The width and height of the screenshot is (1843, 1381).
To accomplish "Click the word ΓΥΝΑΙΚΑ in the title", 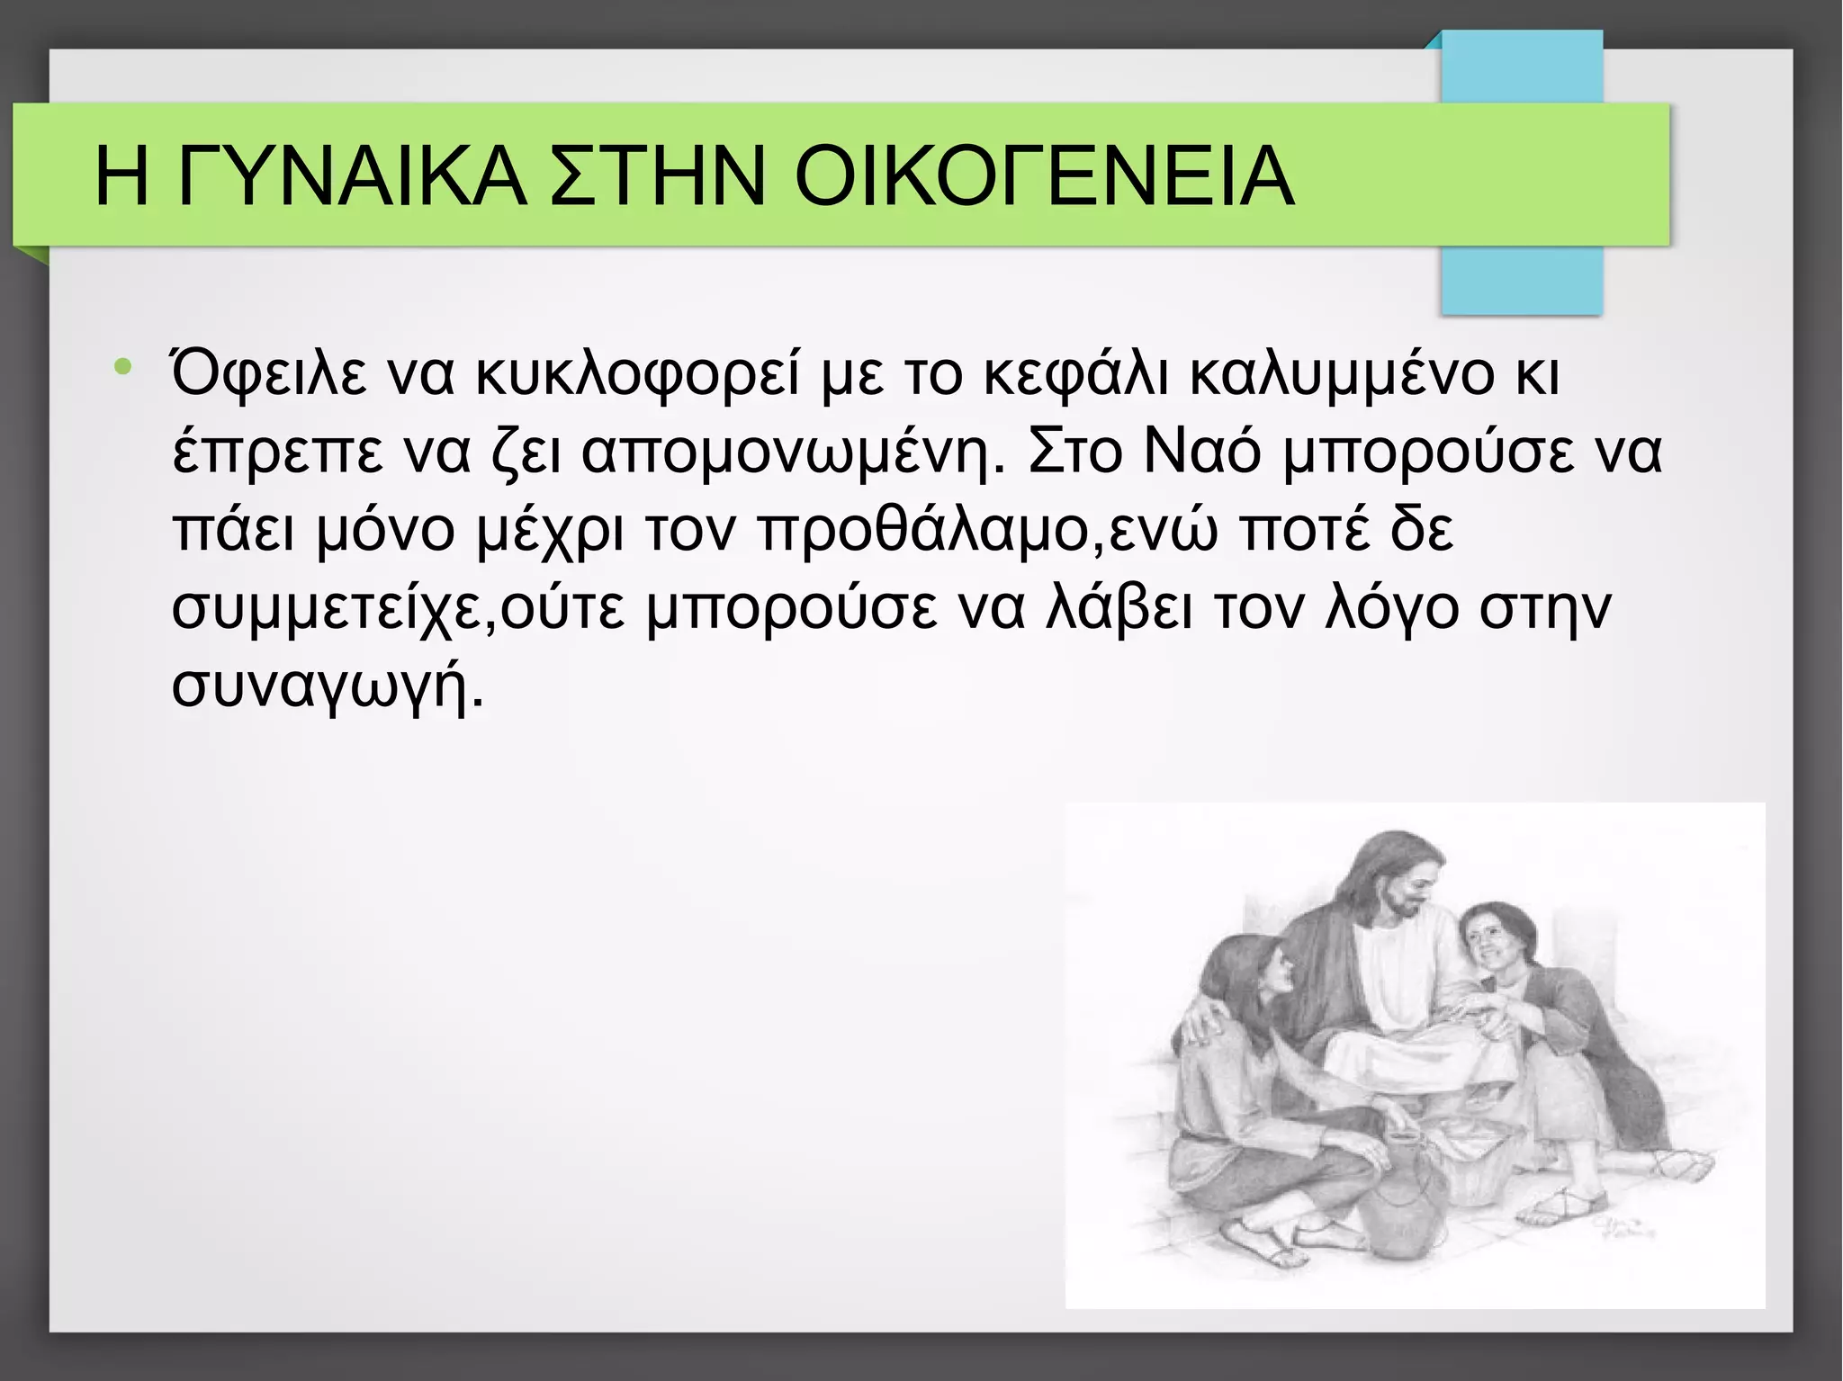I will [351, 176].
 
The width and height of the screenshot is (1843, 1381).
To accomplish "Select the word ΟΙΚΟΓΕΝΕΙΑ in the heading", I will [1044, 176].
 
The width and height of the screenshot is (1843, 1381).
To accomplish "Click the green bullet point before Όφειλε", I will [123, 367].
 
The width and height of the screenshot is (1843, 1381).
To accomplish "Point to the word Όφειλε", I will [268, 373].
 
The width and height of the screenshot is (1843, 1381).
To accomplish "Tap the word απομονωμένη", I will [792, 453].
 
